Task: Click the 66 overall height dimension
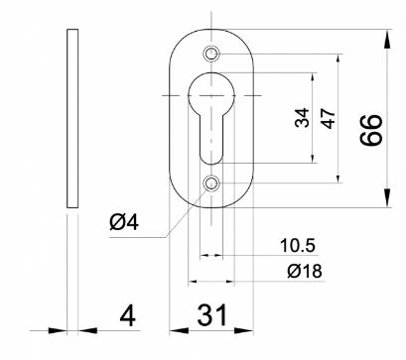(x=371, y=130)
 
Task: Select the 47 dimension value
(x=329, y=118)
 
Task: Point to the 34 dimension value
(x=302, y=118)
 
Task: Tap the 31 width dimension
(x=212, y=315)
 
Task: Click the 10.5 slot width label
(x=298, y=246)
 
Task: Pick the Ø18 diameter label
(x=305, y=272)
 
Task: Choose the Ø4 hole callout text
(x=124, y=222)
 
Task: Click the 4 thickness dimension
(x=127, y=315)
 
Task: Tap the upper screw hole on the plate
(x=210, y=54)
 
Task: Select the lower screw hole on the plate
(x=211, y=182)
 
